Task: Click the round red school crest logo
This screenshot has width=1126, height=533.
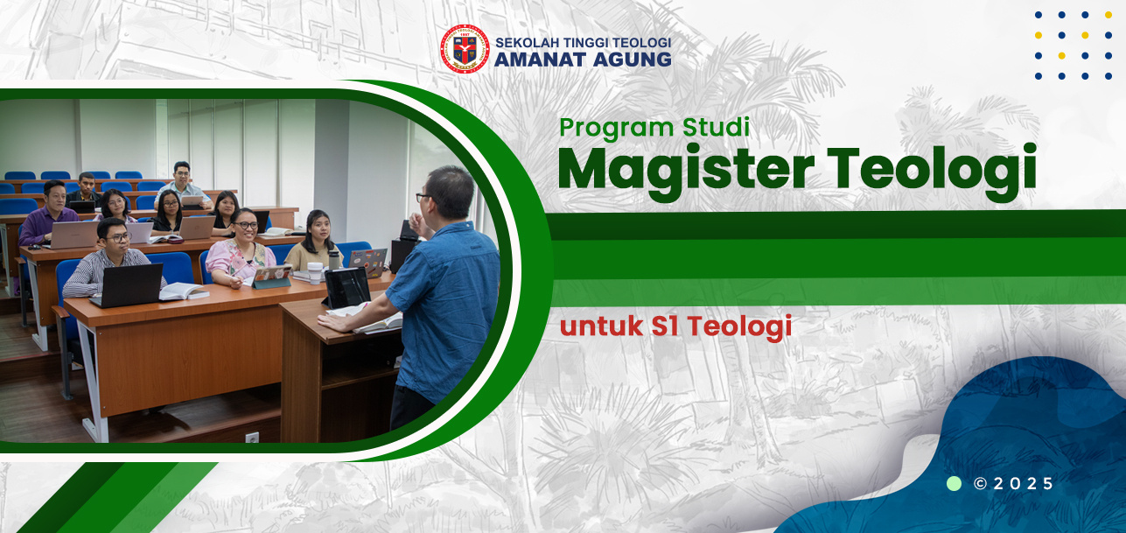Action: coord(465,49)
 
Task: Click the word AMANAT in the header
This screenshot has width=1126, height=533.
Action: coord(540,60)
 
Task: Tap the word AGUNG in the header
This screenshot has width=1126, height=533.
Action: coord(632,60)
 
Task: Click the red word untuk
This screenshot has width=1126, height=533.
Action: coord(601,326)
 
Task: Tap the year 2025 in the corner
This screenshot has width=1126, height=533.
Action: coord(1023,484)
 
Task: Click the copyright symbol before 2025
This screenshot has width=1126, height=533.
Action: coord(980,484)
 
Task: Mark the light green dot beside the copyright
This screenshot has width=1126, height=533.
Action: coord(954,484)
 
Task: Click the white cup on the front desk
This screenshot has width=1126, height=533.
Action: coord(315,273)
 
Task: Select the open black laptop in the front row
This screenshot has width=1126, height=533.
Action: coord(129,284)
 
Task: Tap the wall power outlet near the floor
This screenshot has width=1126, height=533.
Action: coord(252,438)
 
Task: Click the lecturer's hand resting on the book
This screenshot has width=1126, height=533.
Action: coord(333,322)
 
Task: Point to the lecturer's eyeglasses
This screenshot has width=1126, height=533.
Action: coord(423,197)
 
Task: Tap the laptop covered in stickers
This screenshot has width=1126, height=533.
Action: coord(368,263)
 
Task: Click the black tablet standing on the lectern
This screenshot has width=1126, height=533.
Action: coord(346,287)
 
